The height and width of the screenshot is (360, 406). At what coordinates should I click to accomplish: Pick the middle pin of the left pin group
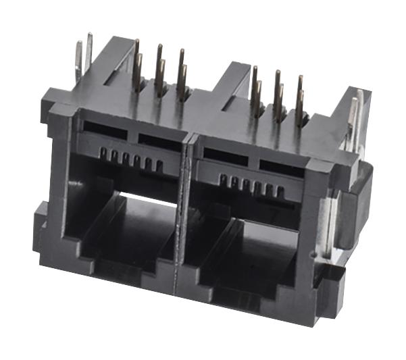coord(160,70)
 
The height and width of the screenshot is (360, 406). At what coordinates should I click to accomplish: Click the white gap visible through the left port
coord(145,199)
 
